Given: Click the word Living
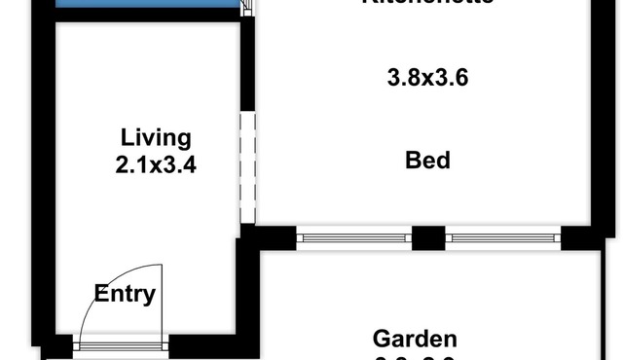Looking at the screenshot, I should pyautogui.click(x=156, y=137).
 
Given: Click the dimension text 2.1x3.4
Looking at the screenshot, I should pyautogui.click(x=156, y=164).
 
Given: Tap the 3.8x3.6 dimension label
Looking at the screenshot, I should pyautogui.click(x=428, y=77).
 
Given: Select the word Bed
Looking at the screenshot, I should pyautogui.click(x=428, y=159).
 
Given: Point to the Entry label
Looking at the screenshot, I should pyautogui.click(x=125, y=293).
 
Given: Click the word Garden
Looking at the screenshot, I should pyautogui.click(x=416, y=339).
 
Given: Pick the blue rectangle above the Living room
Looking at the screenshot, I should pyautogui.click(x=146, y=5).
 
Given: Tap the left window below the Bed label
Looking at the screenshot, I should pyautogui.click(x=353, y=237).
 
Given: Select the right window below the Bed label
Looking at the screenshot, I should pyautogui.click(x=503, y=237).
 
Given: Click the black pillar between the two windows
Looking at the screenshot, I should pyautogui.click(x=428, y=237).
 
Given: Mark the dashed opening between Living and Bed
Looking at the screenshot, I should pyautogui.click(x=246, y=167).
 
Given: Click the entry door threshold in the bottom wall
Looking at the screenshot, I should pyautogui.click(x=122, y=343).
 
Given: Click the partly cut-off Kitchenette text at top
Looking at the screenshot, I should pyautogui.click(x=428, y=3).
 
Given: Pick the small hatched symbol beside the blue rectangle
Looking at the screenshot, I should pyautogui.click(x=247, y=7).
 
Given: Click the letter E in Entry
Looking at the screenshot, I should pyautogui.click(x=101, y=293).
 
